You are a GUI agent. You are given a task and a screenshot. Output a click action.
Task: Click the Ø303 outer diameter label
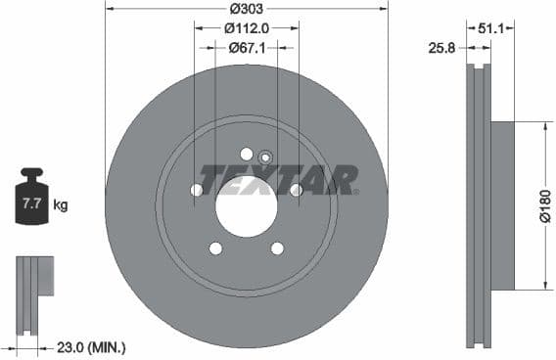point(246,10)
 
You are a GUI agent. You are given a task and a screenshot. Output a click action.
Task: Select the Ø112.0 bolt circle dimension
point(246,28)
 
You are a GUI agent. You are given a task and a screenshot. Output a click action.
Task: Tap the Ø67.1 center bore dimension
point(246,47)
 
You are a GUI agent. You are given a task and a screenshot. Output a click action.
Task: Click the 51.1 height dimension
point(491,28)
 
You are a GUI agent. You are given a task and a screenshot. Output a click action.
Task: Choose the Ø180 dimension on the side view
point(545,205)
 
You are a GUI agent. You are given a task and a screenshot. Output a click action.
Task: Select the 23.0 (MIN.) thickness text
point(92,347)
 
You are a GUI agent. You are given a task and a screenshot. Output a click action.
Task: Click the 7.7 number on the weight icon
point(30,204)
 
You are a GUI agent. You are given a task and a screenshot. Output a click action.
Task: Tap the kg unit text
point(61,205)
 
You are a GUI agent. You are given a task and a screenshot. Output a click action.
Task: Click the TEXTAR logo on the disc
point(284,179)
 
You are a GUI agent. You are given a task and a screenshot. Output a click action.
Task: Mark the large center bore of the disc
point(247,205)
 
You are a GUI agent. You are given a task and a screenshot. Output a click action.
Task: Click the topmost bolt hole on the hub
point(247,154)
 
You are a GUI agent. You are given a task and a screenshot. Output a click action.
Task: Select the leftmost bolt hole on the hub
point(197,190)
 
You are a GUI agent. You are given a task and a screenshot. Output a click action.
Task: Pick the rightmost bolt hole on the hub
point(296,190)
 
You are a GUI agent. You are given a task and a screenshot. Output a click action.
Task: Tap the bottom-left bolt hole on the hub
point(216,248)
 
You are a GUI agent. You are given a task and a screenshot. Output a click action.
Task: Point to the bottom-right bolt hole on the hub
point(277,248)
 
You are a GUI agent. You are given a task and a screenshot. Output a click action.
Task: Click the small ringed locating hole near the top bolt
point(264,158)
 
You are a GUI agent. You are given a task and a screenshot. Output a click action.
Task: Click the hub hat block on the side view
point(501,205)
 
